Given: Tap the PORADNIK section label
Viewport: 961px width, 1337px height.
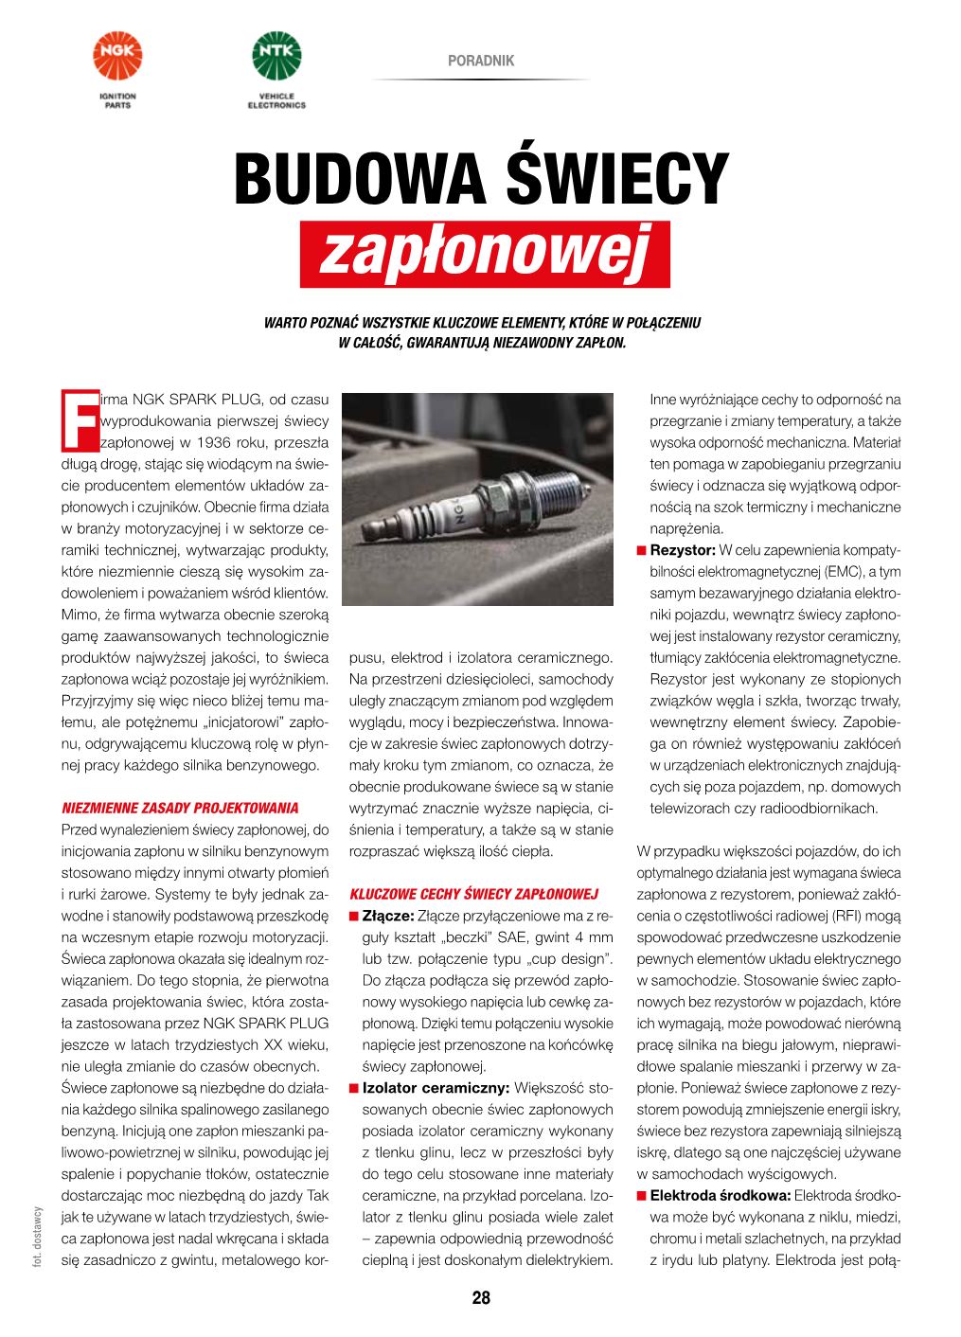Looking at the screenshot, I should [x=481, y=61].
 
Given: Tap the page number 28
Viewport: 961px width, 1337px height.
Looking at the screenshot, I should [x=481, y=1298].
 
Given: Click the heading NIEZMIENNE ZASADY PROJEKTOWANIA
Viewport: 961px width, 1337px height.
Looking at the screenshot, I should [x=180, y=809].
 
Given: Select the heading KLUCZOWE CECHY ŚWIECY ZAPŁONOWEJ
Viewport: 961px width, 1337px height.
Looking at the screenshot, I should [x=473, y=894].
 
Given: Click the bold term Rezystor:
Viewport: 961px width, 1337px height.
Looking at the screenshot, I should [x=683, y=550].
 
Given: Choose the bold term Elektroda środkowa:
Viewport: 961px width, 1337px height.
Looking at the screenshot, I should [x=721, y=1196].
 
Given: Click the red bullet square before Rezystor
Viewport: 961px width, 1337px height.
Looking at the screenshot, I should [x=641, y=550].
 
